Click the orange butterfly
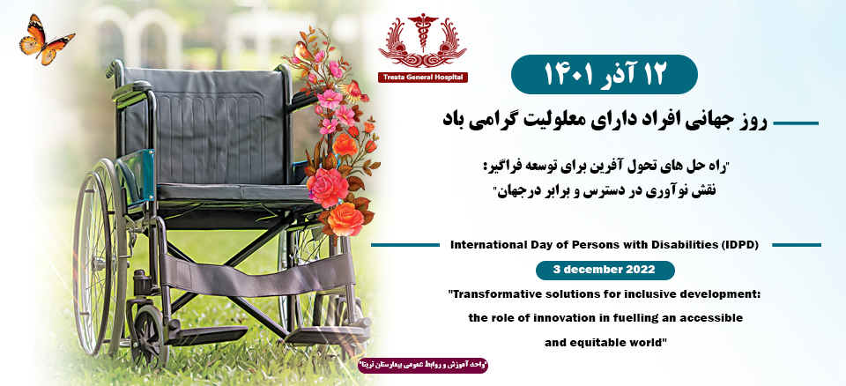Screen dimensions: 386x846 [46, 38]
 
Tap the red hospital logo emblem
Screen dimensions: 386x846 [422, 43]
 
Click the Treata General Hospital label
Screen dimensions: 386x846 [423, 78]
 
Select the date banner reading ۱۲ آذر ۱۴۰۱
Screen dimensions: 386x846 [604, 74]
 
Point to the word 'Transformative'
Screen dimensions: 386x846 [501, 293]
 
